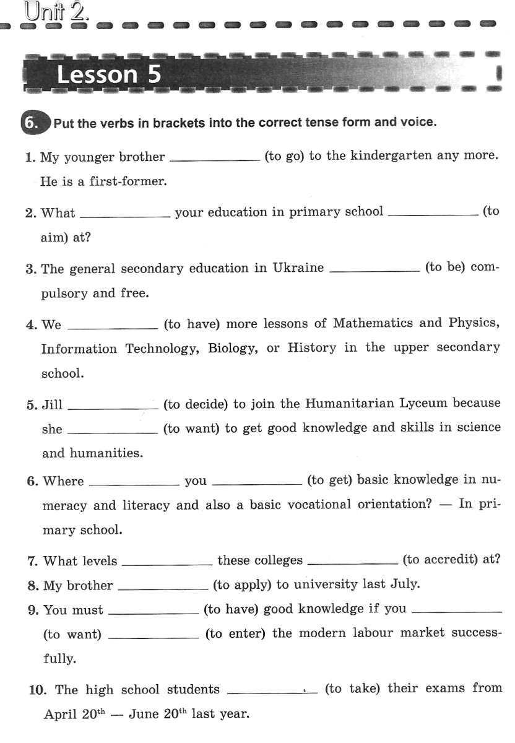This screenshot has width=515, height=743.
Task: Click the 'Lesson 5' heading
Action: click(108, 74)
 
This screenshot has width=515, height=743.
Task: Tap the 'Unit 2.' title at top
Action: click(56, 12)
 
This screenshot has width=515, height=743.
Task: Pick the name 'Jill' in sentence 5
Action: click(53, 405)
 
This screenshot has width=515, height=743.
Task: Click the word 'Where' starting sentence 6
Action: click(63, 481)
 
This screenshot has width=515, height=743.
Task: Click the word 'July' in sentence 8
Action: click(405, 584)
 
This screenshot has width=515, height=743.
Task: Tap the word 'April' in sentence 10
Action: click(60, 714)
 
